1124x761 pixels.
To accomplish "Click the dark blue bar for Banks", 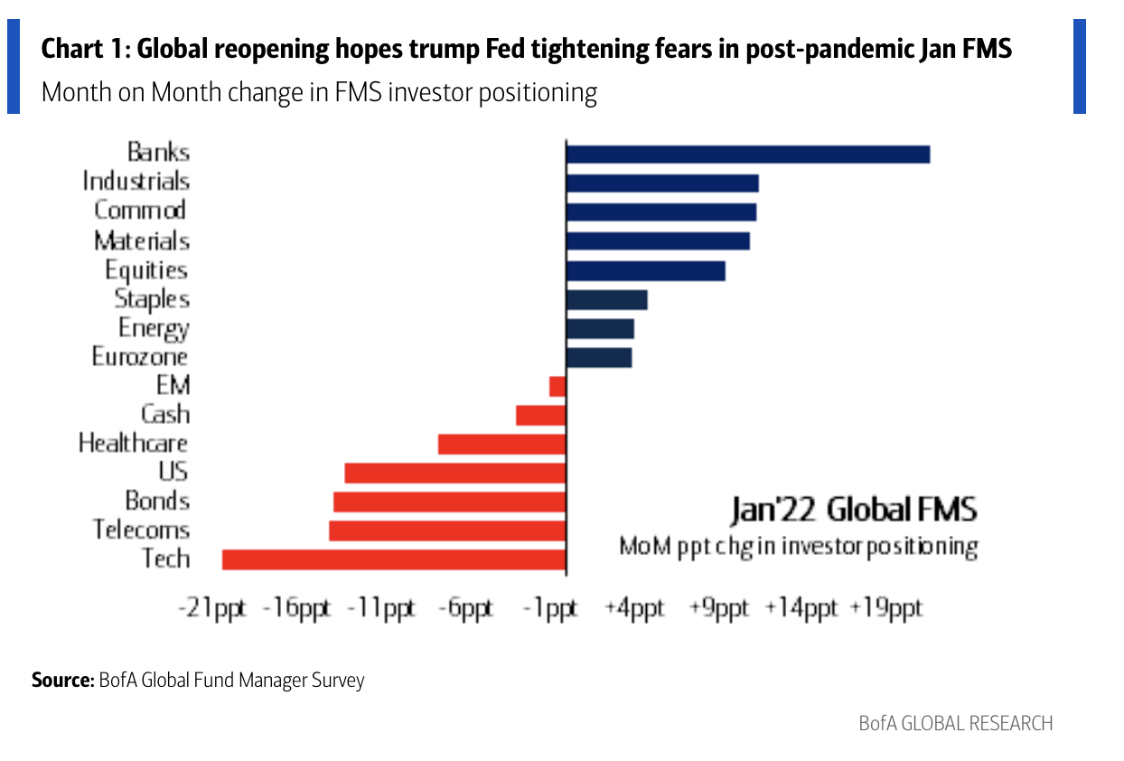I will [x=747, y=155].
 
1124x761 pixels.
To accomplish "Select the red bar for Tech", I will [x=394, y=559].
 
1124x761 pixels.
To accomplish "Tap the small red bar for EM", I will [x=557, y=387].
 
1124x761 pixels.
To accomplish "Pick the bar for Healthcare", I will [x=501, y=444].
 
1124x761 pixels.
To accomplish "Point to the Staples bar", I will [x=606, y=300].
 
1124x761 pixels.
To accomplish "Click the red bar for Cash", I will [x=540, y=415].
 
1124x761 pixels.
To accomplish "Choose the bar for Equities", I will [x=645, y=271].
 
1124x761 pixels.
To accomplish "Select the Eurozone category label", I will [x=140, y=357].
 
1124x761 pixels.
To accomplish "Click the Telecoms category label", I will [x=141, y=530].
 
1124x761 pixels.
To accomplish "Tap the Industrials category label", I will [x=136, y=182].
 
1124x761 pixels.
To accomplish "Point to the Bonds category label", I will [x=157, y=501].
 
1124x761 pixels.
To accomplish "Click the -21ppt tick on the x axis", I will [x=211, y=608].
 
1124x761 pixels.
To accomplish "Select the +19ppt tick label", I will [x=885, y=608].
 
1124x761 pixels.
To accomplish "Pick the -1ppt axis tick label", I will [x=551, y=608].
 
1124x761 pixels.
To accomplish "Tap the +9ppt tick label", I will [x=719, y=608].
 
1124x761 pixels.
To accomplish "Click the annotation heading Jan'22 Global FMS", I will [x=853, y=510].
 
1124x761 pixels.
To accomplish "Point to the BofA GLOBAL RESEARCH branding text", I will [x=955, y=724].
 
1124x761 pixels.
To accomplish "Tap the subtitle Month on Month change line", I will [x=319, y=93].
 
